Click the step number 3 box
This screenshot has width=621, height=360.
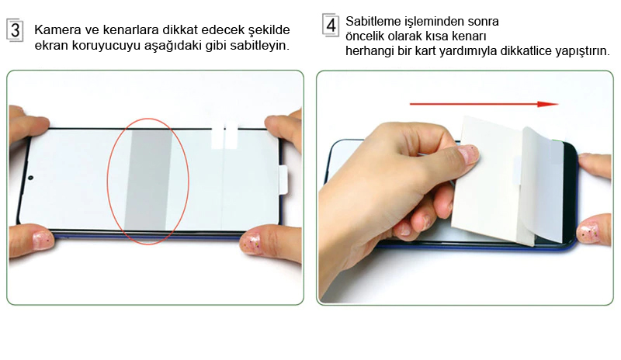15,30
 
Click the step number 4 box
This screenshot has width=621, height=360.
331,26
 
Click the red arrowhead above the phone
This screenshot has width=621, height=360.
548,104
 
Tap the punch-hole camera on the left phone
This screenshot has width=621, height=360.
30,178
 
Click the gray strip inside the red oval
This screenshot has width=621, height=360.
148,179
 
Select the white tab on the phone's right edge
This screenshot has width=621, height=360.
283,180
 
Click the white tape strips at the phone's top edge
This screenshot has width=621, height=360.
224,136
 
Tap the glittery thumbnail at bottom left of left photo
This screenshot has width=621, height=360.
42,241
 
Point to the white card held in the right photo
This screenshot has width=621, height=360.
491,180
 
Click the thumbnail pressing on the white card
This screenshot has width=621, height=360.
469,154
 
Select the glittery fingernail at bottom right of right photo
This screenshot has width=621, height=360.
588,233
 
